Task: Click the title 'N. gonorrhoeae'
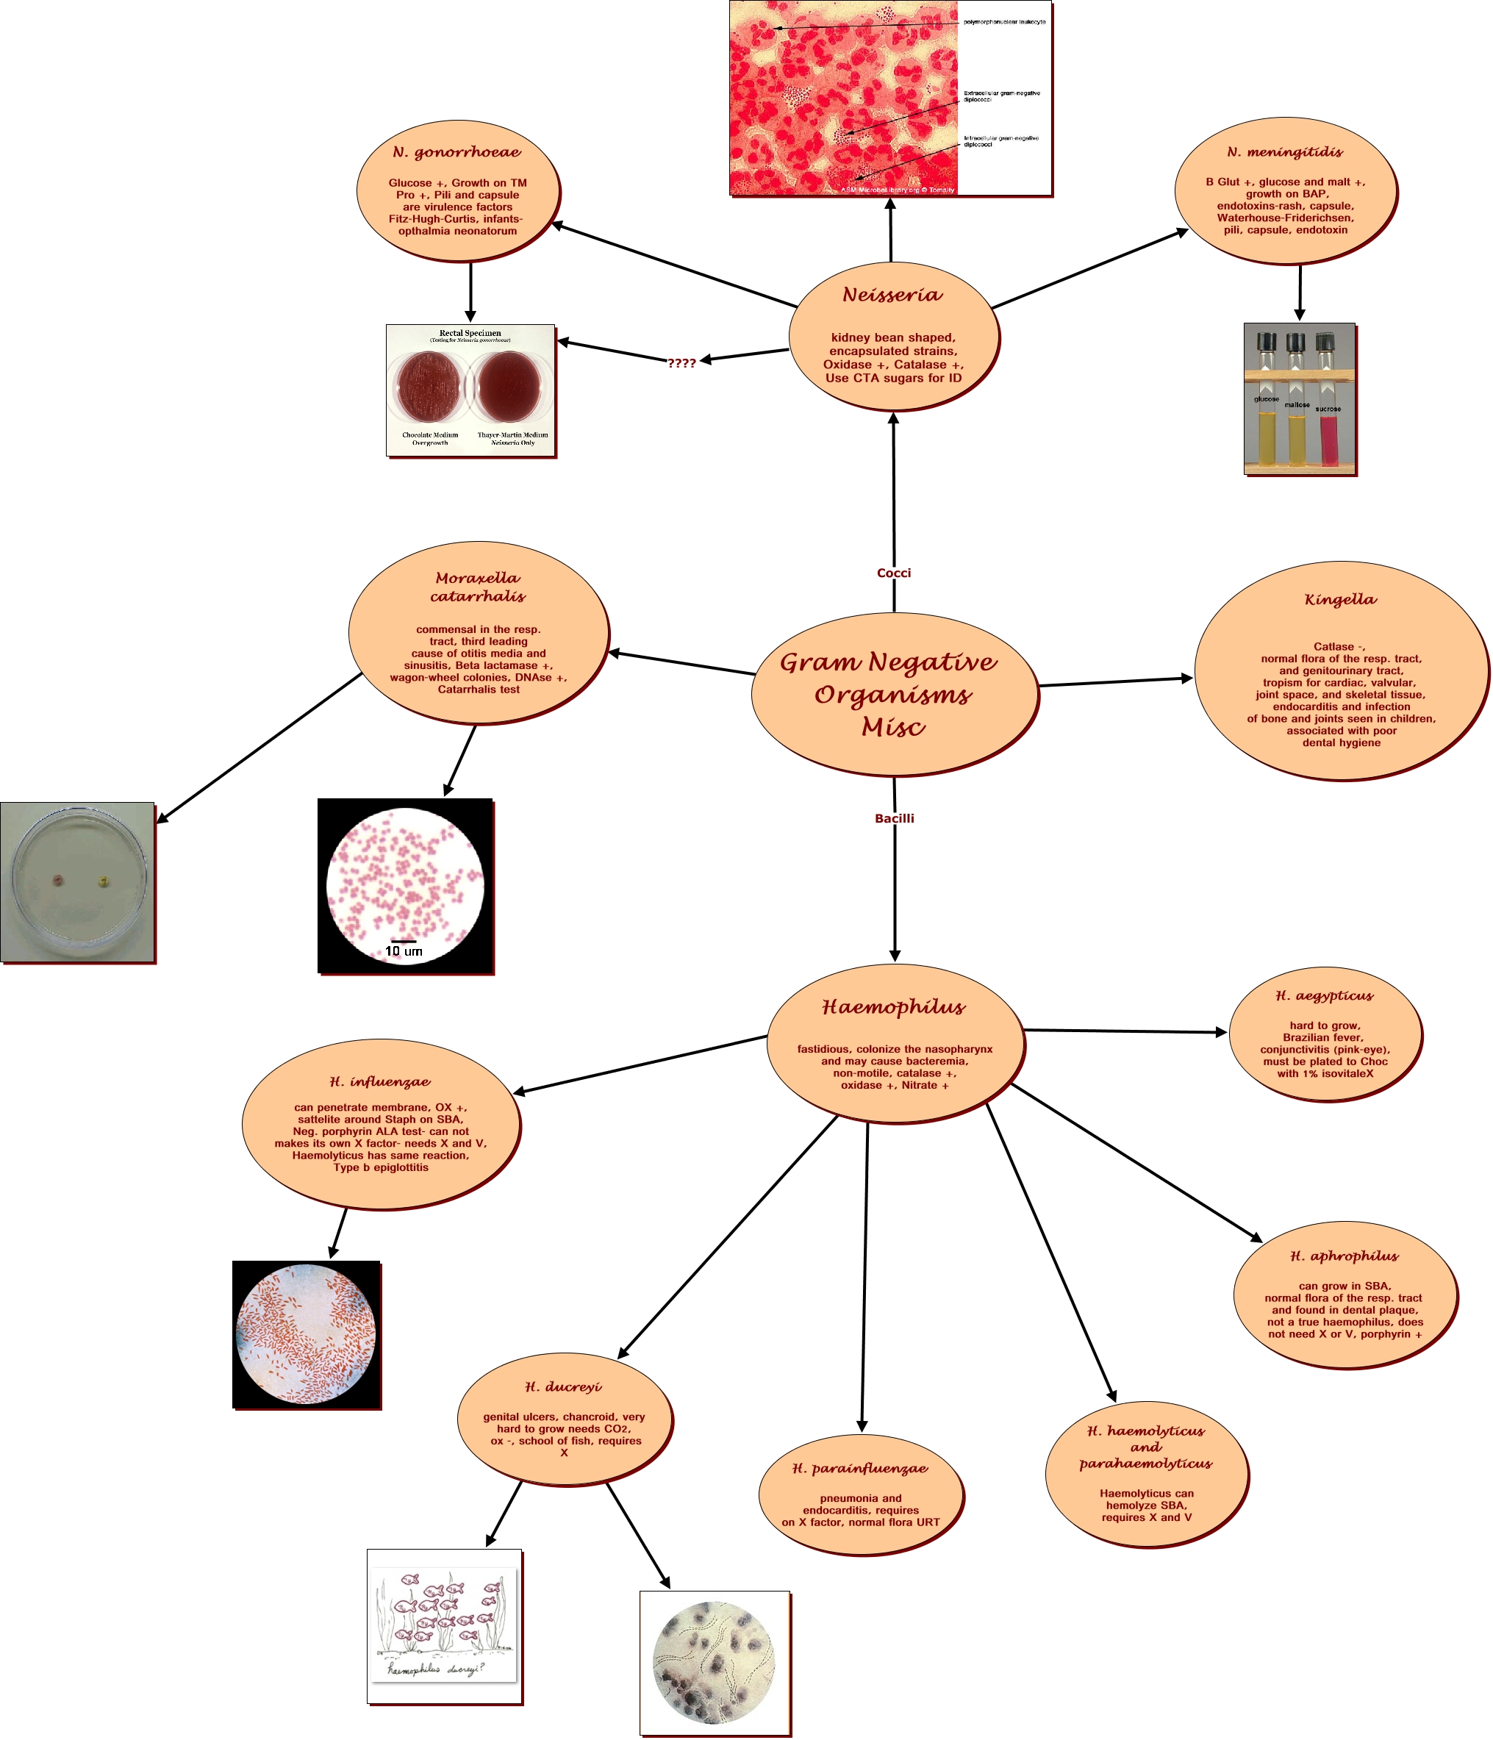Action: click(457, 152)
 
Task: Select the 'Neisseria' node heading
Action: click(892, 295)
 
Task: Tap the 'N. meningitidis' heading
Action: click(1285, 152)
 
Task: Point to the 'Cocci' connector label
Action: click(893, 573)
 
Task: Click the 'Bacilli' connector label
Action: click(895, 818)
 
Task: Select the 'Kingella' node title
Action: click(1340, 599)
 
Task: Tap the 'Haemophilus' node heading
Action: click(893, 1007)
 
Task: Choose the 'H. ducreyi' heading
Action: click(563, 1386)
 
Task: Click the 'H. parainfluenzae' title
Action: click(860, 1468)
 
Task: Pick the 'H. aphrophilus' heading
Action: click(1345, 1256)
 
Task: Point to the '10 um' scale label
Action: click(403, 951)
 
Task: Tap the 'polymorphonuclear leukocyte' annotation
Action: click(1004, 22)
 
